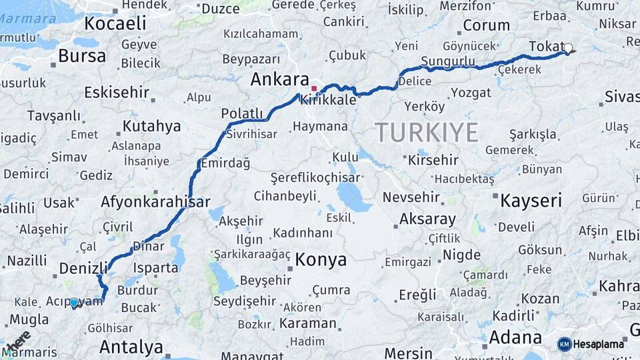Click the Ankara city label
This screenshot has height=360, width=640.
click(279, 79)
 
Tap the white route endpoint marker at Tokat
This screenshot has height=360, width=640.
click(568, 48)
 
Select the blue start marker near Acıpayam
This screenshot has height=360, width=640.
click(73, 303)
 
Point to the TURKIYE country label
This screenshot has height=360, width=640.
click(427, 132)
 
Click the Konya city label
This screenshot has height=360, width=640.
click(321, 259)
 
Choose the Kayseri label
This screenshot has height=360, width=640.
click(531, 200)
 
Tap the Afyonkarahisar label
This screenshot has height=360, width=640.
click(155, 201)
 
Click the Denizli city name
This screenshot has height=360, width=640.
click(83, 268)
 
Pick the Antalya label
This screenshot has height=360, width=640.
click(131, 347)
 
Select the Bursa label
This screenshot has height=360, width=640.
click(82, 56)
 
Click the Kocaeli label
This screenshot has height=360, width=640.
click(115, 23)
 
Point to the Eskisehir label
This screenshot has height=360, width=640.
click(116, 92)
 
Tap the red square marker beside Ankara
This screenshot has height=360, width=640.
click(314, 88)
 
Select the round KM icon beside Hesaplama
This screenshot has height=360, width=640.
click(564, 344)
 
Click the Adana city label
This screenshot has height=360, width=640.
click(515, 337)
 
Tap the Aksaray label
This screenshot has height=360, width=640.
click(427, 219)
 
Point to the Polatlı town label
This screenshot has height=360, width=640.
click(242, 113)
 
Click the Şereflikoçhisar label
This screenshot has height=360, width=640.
click(315, 178)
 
